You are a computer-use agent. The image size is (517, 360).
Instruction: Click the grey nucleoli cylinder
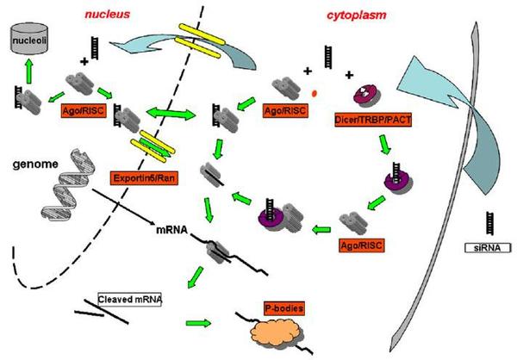tap(29, 38)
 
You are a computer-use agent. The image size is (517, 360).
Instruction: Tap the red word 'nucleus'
tap(108, 14)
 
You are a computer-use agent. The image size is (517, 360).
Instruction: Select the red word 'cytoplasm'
tap(357, 16)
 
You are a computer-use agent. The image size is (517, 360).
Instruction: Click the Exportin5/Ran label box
tap(144, 178)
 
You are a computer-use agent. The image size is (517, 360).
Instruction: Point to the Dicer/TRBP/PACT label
tap(373, 120)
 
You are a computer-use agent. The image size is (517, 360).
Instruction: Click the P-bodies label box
tap(283, 308)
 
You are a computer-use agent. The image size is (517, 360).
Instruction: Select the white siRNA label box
tap(488, 247)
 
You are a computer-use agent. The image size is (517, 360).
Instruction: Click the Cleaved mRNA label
tap(129, 300)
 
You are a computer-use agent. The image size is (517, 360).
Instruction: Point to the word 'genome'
tap(35, 164)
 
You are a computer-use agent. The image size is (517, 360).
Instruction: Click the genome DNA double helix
tap(69, 184)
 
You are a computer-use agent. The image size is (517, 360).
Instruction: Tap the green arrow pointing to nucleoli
tap(29, 71)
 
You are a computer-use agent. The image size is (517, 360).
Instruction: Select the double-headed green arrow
tap(171, 114)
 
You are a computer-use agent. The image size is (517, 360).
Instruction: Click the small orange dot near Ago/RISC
tap(315, 94)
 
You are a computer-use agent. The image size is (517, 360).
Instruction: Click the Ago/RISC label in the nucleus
tap(84, 111)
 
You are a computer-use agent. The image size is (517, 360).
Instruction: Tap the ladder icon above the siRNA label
tap(490, 224)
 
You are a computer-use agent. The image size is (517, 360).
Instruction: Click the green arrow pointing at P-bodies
tap(198, 323)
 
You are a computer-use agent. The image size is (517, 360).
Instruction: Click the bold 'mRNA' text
tap(171, 230)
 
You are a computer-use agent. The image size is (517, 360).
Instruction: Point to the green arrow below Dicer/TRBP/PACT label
tap(384, 145)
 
